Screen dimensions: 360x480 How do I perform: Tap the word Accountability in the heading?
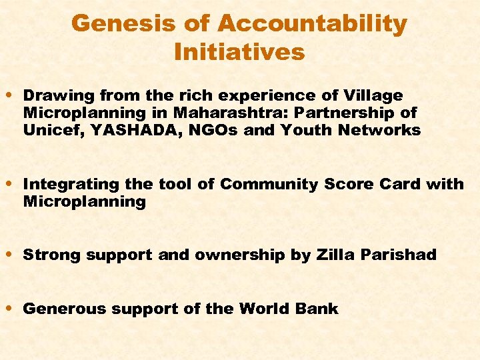[311, 24]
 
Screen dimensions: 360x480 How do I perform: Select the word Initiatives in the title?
[239, 51]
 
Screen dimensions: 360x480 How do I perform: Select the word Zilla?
[335, 255]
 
